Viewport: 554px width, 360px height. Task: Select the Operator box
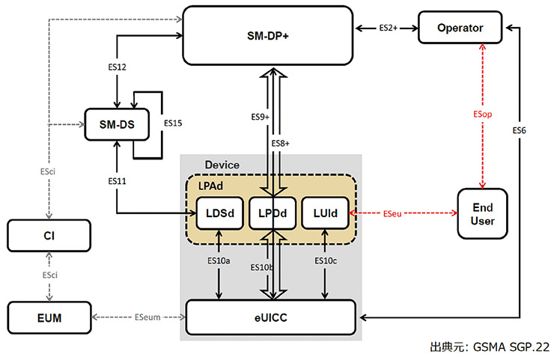tap(460, 28)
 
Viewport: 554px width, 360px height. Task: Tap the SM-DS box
tap(116, 123)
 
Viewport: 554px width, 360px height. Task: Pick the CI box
tap(49, 236)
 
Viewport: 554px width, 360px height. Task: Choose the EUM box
tap(49, 318)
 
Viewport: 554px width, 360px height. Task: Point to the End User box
tap(483, 213)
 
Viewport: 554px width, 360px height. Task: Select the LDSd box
tap(219, 213)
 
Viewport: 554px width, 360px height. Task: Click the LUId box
tap(323, 213)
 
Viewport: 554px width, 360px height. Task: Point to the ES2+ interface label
tap(388, 28)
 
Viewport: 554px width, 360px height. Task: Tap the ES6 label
tap(519, 130)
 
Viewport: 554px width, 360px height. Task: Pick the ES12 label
tap(117, 67)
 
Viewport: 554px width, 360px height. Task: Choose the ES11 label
tap(117, 180)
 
